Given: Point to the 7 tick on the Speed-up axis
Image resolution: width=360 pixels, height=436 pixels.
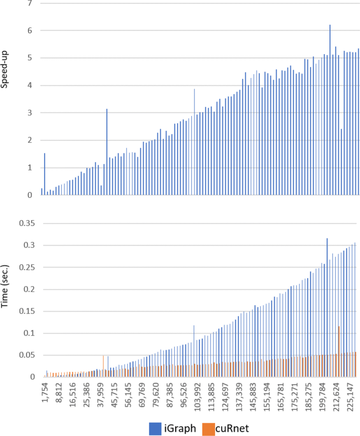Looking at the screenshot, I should (x=30, y=4).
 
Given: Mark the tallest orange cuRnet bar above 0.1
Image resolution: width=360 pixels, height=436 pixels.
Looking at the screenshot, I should (x=338, y=351).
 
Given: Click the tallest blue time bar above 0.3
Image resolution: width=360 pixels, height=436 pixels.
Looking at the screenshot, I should (x=327, y=307).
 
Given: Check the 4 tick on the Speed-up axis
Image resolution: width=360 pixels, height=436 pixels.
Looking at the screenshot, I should (x=30, y=86).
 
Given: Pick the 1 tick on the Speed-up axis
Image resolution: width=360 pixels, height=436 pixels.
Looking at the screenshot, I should (x=30, y=168).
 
